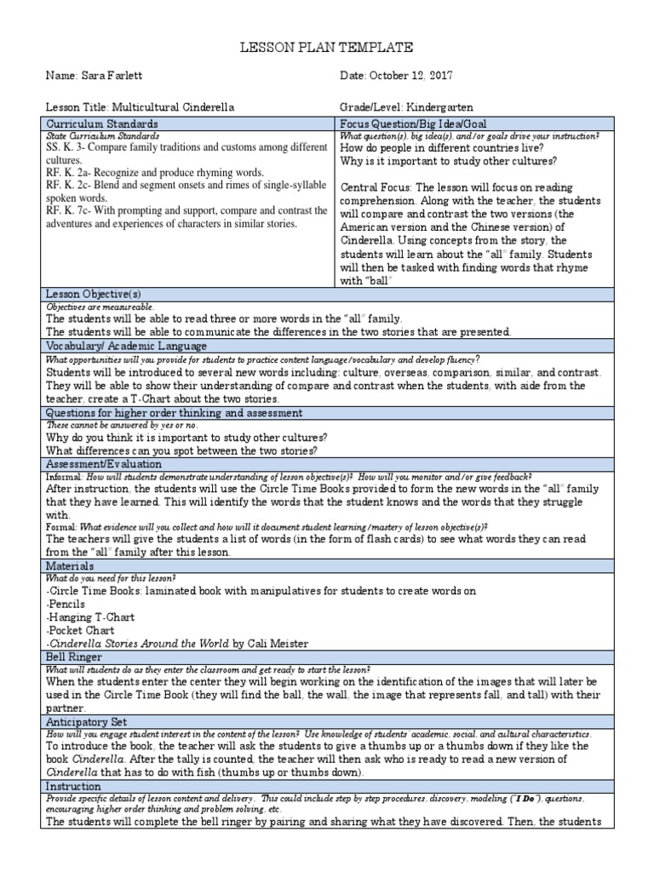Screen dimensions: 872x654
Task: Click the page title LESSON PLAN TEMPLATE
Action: (x=327, y=48)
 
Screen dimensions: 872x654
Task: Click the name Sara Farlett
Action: (x=107, y=76)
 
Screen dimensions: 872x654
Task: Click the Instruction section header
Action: (x=74, y=786)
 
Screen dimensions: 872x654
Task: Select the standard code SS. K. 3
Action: (x=62, y=147)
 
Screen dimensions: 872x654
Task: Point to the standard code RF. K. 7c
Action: (x=65, y=210)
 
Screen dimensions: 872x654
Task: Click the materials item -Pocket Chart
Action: (x=77, y=631)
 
